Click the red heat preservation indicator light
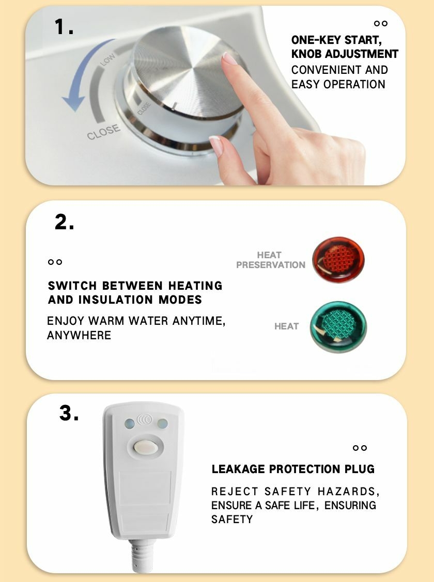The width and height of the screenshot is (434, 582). (338, 260)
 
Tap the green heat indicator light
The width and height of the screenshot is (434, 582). (338, 326)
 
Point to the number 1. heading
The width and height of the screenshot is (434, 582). (64, 27)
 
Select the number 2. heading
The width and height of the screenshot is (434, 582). (64, 223)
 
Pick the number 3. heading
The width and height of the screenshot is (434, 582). (69, 413)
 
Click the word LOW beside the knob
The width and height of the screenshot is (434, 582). (107, 60)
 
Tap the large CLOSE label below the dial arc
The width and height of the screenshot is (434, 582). (103, 132)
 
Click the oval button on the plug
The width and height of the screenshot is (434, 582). (146, 447)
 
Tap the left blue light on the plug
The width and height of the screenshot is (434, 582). (129, 423)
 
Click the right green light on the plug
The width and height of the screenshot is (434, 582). (162, 423)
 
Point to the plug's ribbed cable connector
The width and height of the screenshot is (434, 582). (142, 556)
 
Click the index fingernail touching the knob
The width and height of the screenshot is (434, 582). (229, 58)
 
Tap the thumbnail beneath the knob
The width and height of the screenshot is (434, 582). (216, 145)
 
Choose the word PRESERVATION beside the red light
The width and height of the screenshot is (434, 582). (271, 265)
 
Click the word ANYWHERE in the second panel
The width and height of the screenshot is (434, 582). (79, 335)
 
